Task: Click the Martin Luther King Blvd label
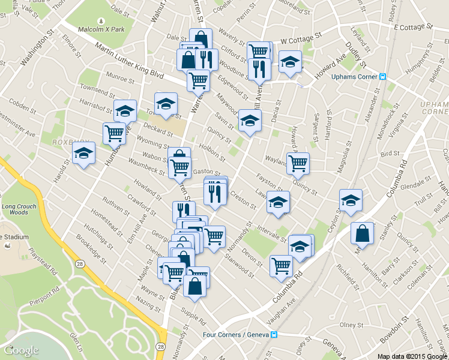122,62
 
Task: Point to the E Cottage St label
412,27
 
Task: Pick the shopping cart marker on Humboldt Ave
114,132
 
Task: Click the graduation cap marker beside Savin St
250,120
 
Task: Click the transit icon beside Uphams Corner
382,76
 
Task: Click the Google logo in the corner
21,350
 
